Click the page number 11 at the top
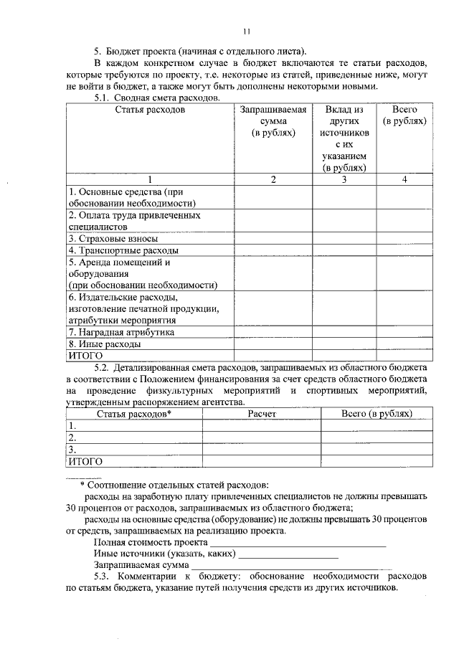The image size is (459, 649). point(247,31)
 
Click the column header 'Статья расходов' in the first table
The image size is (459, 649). point(150,110)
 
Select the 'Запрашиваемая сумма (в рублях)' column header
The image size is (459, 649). point(273,121)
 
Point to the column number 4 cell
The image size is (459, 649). point(404,179)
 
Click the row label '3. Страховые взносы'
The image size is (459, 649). point(113,238)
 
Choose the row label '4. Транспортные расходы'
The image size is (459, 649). point(123,250)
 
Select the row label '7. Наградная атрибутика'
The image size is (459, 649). point(121,332)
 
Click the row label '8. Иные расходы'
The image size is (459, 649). point(104,344)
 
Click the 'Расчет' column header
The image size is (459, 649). point(262,414)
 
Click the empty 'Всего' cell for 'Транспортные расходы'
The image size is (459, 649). point(404,250)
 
